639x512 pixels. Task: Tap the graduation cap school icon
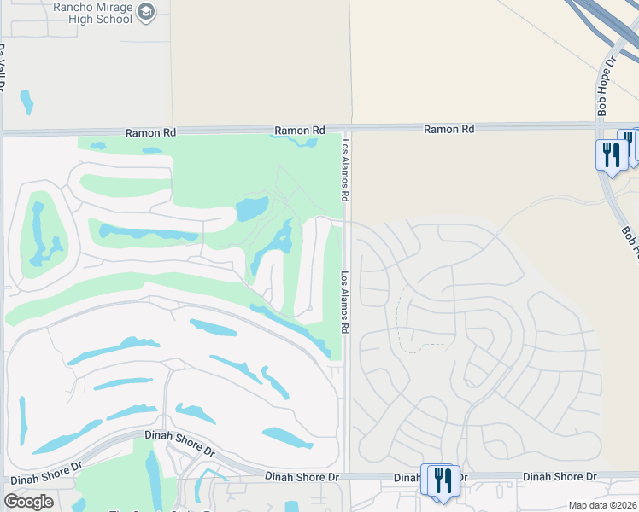coord(146,11)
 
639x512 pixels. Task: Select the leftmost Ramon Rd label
coord(149,133)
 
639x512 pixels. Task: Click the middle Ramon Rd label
coord(299,131)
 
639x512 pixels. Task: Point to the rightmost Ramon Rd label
coord(448,129)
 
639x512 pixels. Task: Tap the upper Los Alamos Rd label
coord(346,171)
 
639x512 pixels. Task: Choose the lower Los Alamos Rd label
coord(346,302)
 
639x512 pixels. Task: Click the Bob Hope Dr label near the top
coord(607,86)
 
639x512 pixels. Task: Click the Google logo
coord(28,501)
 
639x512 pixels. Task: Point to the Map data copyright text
coord(603,505)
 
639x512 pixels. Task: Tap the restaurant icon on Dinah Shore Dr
coord(442,480)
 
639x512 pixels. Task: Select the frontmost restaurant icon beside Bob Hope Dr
coord(611,155)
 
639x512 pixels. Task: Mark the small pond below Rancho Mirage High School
coord(27,102)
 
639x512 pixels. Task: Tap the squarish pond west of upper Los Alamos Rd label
coord(251,208)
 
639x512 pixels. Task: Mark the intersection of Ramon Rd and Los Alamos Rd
coord(347,130)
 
